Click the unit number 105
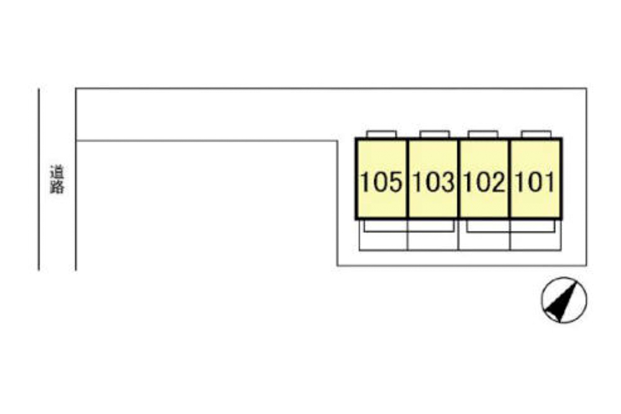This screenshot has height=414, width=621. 381,182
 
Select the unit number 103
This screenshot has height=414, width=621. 433,182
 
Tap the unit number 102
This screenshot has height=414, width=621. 484,182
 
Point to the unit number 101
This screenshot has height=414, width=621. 535,182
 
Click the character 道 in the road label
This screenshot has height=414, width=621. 57,172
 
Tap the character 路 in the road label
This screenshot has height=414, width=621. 57,187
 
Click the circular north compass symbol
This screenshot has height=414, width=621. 564,300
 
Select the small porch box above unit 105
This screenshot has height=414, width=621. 381,134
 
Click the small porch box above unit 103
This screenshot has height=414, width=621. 435,134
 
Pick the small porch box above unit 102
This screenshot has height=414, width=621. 483,134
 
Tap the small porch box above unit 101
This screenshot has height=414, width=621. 536,134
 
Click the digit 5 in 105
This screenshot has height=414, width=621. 395,182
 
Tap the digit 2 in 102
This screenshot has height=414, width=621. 498,182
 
